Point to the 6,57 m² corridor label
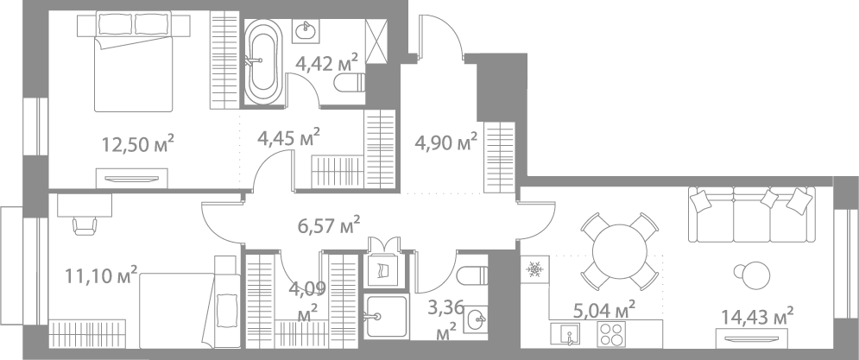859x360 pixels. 327,226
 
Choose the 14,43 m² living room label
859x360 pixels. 756,317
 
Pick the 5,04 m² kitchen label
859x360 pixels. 604,308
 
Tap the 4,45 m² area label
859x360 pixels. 289,136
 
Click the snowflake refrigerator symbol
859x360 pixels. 534,269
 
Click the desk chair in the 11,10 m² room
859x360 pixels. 85,224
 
